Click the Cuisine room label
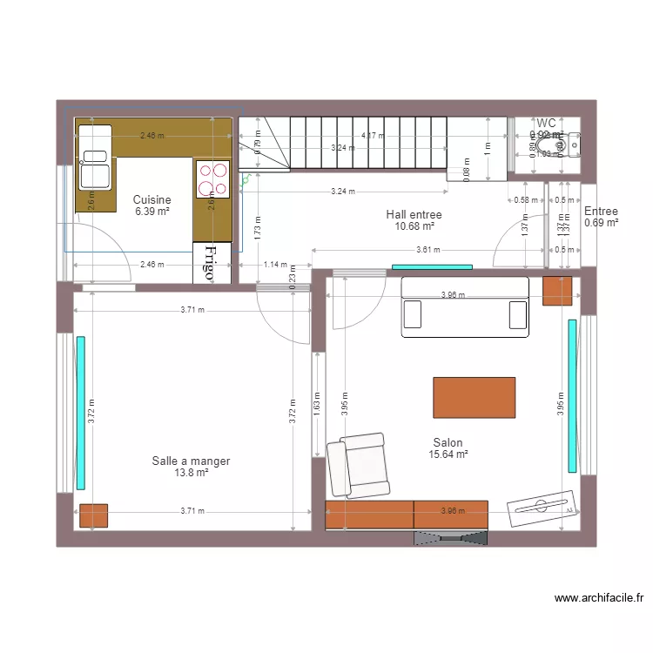[151, 199]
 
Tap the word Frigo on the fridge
[210, 262]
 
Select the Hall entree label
[414, 214]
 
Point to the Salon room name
[448, 442]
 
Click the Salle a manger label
[191, 461]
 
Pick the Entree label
[601, 212]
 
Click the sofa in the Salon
[464, 306]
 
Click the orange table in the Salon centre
[474, 397]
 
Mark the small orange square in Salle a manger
[93, 516]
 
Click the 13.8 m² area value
[191, 473]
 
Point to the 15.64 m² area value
[448, 454]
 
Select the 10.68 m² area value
[414, 226]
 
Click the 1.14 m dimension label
[275, 265]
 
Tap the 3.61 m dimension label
[427, 250]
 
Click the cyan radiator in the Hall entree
[432, 266]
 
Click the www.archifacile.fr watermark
[599, 598]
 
